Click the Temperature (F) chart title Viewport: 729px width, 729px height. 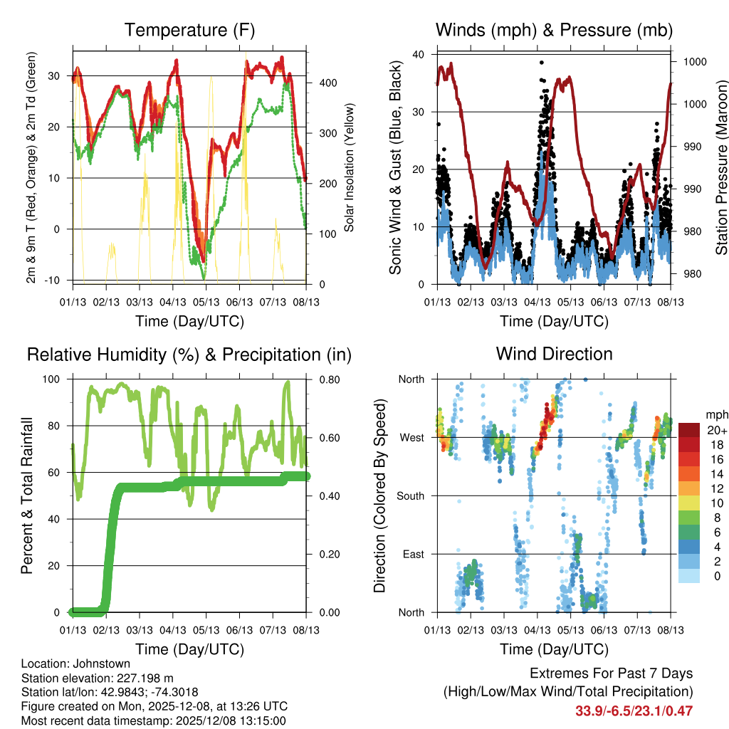pyautogui.click(x=189, y=30)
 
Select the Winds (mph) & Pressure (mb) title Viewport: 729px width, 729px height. pyautogui.click(x=554, y=30)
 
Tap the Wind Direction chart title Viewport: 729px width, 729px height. pyautogui.click(x=554, y=354)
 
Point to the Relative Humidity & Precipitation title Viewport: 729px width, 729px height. pyautogui.click(x=189, y=354)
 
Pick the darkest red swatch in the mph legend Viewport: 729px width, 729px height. pyautogui.click(x=690, y=430)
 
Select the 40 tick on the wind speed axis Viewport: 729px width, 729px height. pyautogui.click(x=419, y=55)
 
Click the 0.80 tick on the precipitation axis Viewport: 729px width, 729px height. pyautogui.click(x=329, y=379)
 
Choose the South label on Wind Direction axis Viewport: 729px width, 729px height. pyautogui.click(x=409, y=496)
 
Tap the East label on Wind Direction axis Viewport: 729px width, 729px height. pyautogui.click(x=412, y=554)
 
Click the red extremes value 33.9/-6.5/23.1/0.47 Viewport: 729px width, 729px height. pyautogui.click(x=634, y=710)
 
